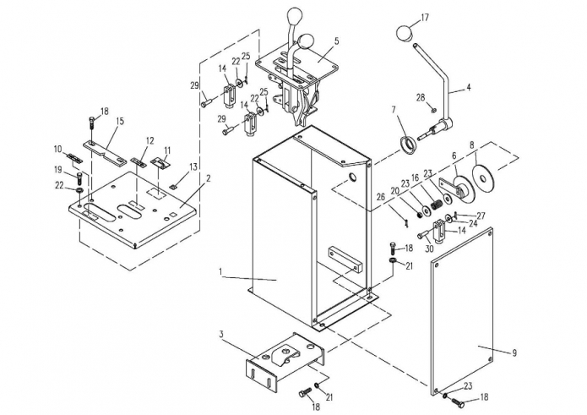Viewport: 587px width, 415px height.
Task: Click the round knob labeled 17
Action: (x=405, y=33)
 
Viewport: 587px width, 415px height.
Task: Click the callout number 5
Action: (x=336, y=41)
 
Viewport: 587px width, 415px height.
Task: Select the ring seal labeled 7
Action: (x=408, y=145)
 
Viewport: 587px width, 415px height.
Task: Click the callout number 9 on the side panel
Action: (x=514, y=352)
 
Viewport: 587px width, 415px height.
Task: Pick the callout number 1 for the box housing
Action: (x=221, y=270)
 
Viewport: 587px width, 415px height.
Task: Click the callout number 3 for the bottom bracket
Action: (x=221, y=334)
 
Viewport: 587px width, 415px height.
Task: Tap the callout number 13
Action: (x=193, y=167)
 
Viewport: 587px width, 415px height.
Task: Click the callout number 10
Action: (x=58, y=149)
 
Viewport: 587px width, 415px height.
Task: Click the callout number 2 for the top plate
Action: (x=209, y=177)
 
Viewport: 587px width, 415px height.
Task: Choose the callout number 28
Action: (x=421, y=97)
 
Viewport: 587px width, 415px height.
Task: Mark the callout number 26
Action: (x=380, y=197)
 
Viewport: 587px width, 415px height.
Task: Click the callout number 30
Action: (x=429, y=248)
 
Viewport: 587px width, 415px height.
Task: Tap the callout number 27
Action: (x=481, y=216)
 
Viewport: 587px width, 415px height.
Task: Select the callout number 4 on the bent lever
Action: (x=468, y=88)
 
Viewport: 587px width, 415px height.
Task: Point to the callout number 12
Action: (x=149, y=141)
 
